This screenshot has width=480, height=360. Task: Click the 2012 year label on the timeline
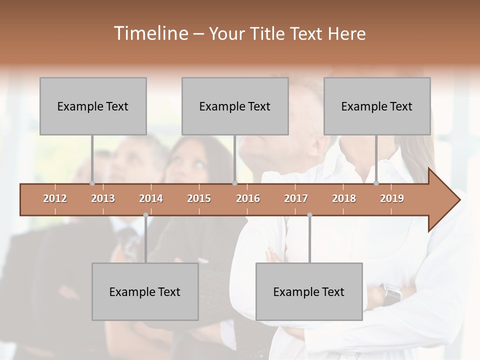click(x=55, y=199)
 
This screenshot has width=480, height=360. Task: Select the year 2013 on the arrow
click(x=103, y=199)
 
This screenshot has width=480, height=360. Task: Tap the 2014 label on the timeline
click(x=151, y=199)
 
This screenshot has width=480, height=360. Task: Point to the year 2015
click(x=199, y=199)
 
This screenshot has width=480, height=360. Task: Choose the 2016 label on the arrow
click(x=248, y=199)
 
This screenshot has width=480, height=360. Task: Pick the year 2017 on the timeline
click(x=296, y=199)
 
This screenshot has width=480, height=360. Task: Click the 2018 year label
click(x=344, y=199)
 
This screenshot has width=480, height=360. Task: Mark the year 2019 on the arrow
click(x=392, y=199)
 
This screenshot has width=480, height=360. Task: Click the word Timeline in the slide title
click(x=150, y=33)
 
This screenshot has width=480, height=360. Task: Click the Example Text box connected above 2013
click(x=93, y=106)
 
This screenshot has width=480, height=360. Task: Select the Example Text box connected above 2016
click(x=235, y=106)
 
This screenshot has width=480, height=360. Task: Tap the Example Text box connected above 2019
click(x=377, y=106)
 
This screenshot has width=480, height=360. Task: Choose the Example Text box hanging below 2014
click(x=145, y=291)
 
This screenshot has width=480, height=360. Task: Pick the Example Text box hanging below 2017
click(x=309, y=291)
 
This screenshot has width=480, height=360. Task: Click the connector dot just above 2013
click(x=92, y=183)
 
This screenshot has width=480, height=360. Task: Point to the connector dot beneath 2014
click(x=145, y=215)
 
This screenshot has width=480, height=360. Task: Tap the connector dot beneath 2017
click(x=309, y=215)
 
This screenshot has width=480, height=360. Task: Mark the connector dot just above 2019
click(x=376, y=183)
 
